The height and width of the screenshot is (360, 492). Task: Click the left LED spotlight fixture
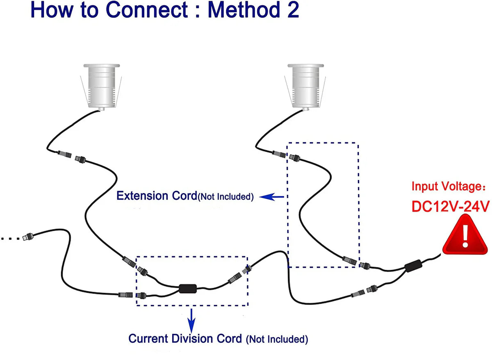101,86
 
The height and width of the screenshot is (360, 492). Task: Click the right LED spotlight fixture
305,86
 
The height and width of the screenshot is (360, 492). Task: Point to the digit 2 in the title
292,11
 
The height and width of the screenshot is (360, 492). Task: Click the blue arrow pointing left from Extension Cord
273,197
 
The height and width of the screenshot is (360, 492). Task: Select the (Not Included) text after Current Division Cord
277,339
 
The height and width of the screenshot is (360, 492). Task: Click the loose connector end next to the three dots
28,237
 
